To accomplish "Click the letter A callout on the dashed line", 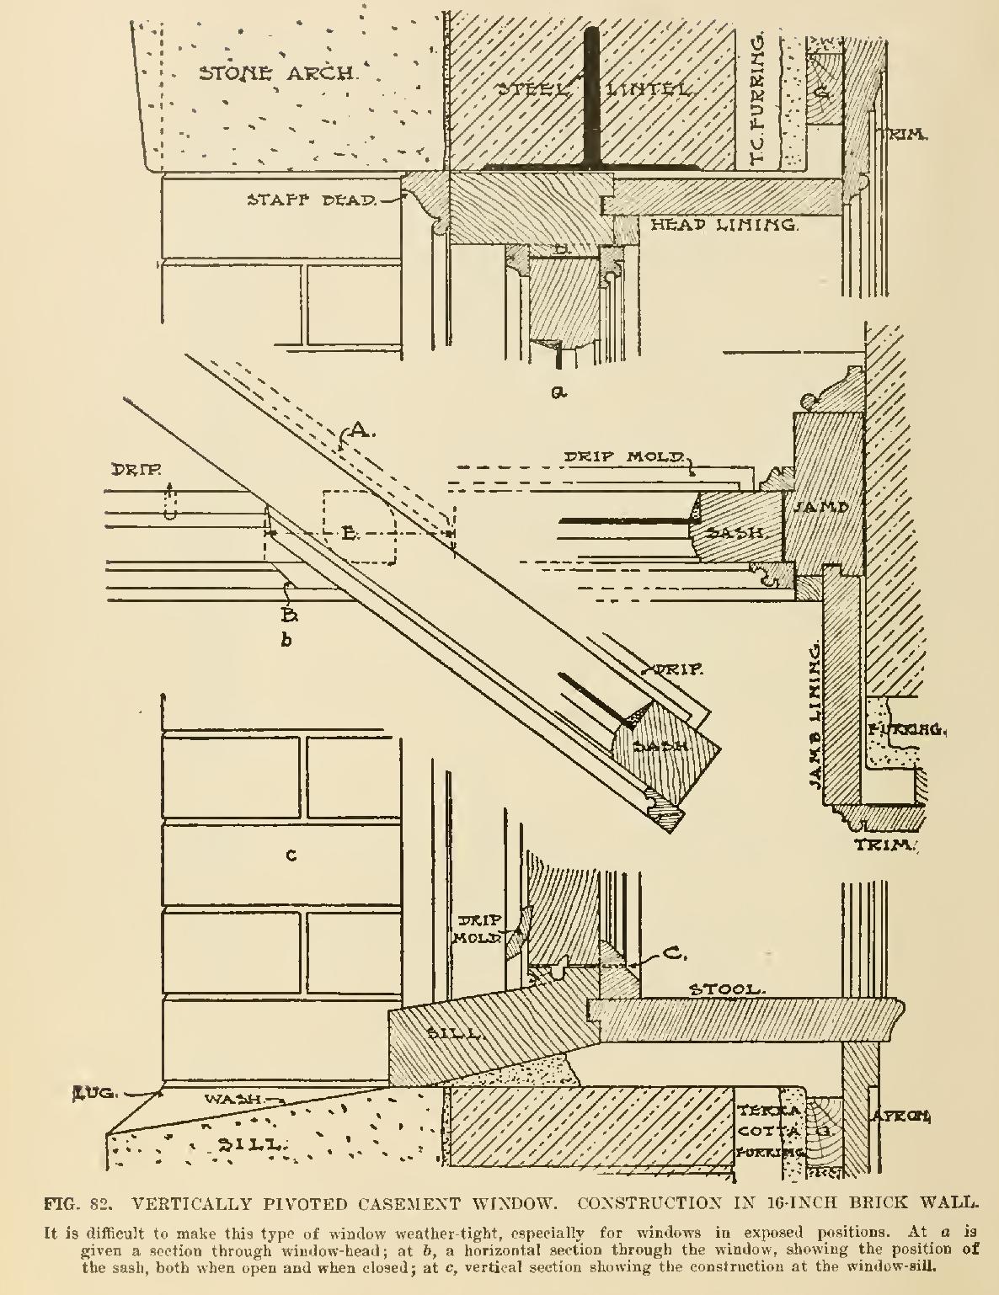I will [x=358, y=431].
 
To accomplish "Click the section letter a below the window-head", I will [x=557, y=391].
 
